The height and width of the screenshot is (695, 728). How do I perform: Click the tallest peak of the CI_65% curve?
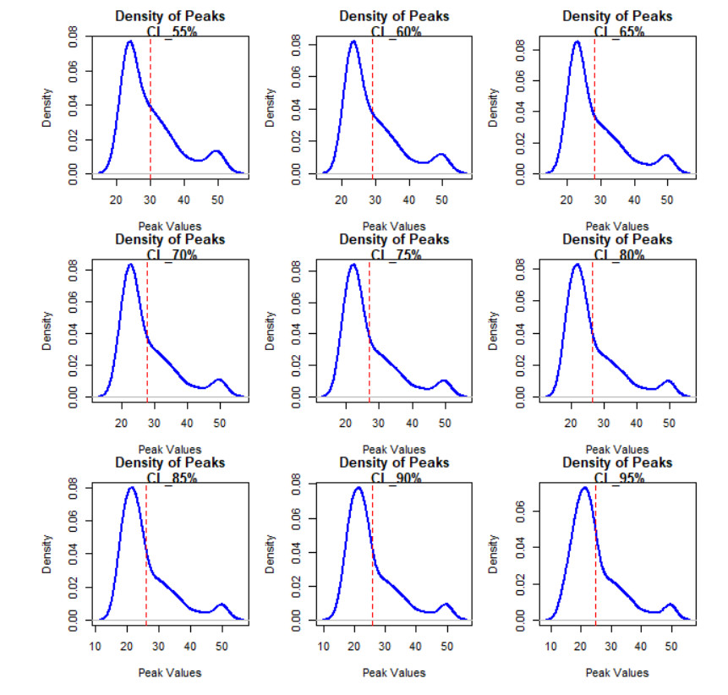tap(577, 41)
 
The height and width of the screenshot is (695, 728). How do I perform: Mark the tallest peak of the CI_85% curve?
tap(131, 488)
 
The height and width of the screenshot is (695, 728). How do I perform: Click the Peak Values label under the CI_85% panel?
tap(170, 672)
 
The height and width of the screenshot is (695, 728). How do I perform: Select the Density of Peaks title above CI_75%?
tap(394, 239)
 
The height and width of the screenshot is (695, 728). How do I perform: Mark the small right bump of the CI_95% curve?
tap(670, 605)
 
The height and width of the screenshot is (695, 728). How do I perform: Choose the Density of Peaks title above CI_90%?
tap(394, 462)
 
